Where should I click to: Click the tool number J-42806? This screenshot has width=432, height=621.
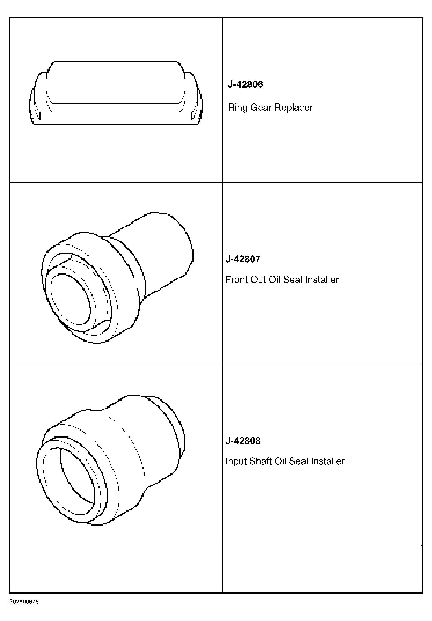pyautogui.click(x=245, y=84)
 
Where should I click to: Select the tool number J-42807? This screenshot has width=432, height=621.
pyautogui.click(x=243, y=259)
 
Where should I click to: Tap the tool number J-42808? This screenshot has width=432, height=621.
pyautogui.click(x=243, y=441)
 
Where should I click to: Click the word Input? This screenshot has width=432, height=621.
pyautogui.click(x=236, y=461)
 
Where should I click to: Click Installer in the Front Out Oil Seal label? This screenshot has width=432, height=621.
pyautogui.click(x=321, y=280)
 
